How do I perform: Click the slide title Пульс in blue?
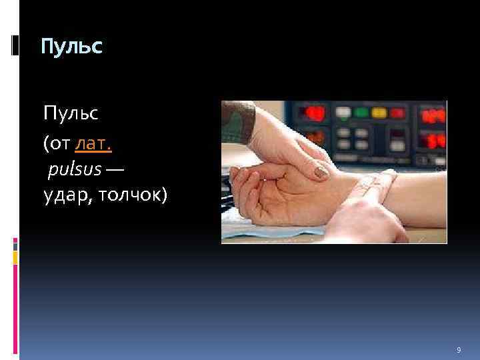click(71, 47)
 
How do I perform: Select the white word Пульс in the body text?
click(71, 113)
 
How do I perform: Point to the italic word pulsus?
click(75, 170)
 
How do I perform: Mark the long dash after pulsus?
click(114, 171)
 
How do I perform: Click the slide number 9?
click(458, 350)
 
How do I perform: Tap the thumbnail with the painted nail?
click(321, 172)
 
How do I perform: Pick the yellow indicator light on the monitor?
click(343, 112)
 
